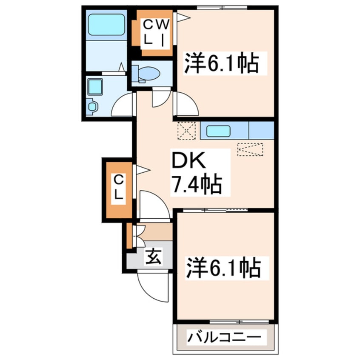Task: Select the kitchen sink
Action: click(x=218, y=131)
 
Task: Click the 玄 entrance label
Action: click(x=154, y=257)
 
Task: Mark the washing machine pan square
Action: click(x=95, y=86)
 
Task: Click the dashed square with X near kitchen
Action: click(x=186, y=131)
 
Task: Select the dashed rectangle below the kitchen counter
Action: click(x=250, y=149)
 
